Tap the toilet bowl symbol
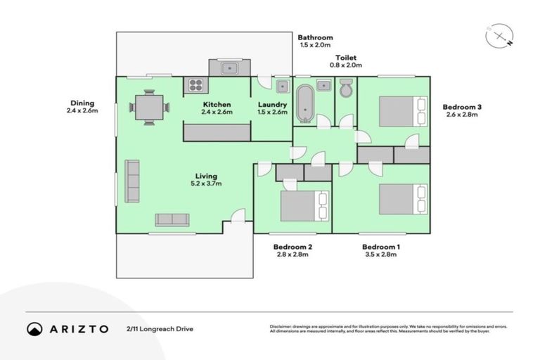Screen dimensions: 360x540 (x=346, y=89)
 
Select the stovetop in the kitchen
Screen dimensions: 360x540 (x=195, y=86)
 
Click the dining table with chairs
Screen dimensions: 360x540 (x=149, y=108)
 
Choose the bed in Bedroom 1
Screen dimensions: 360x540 (x=403, y=199)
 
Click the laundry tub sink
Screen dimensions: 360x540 (x=281, y=86)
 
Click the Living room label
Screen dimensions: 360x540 (x=207, y=176)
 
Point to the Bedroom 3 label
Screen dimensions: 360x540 (x=462, y=107)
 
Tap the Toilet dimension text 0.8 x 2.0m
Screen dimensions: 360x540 (x=346, y=65)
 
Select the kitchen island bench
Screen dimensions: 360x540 (x=217, y=131)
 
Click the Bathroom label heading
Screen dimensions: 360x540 (x=315, y=37)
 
